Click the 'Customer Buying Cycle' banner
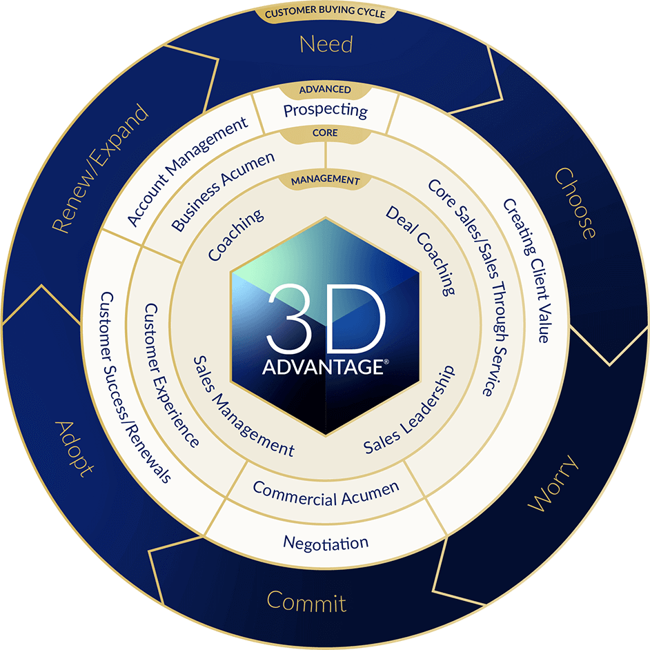pyautogui.click(x=326, y=13)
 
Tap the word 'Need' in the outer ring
pyautogui.click(x=326, y=44)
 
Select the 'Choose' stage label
pyautogui.click(x=575, y=203)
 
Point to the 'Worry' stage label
pyautogui.click(x=553, y=483)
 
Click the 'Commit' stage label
pyautogui.click(x=306, y=602)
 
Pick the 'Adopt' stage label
pyautogui.click(x=75, y=449)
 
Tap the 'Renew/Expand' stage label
pyautogui.click(x=99, y=168)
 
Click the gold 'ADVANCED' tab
pyautogui.click(x=325, y=90)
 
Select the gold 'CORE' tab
pyautogui.click(x=325, y=133)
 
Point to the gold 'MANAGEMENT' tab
pyautogui.click(x=326, y=180)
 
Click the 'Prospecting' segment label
pyautogui.click(x=326, y=110)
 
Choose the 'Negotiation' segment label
pyautogui.click(x=326, y=543)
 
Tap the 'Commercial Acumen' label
pyautogui.click(x=326, y=494)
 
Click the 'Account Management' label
pyautogui.click(x=187, y=172)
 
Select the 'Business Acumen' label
pyautogui.click(x=223, y=191)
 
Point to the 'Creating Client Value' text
pyautogui.click(x=528, y=270)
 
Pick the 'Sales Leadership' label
pyautogui.click(x=409, y=410)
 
